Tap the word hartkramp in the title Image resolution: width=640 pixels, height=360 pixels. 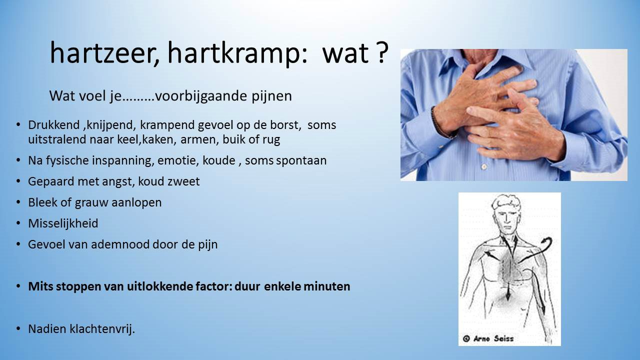click(237, 54)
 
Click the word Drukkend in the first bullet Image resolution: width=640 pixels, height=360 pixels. click(53, 125)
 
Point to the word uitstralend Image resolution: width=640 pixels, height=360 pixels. click(57, 139)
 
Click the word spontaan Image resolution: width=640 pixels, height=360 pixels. click(301, 161)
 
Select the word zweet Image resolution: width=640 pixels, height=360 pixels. click(183, 181)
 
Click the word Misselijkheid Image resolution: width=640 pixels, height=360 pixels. click(63, 223)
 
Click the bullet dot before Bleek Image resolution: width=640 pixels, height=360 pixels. click(18, 202)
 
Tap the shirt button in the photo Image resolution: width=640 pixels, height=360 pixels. click(483, 166)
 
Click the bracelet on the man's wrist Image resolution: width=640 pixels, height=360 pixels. click(438, 123)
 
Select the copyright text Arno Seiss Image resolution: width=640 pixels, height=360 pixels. click(488, 339)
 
